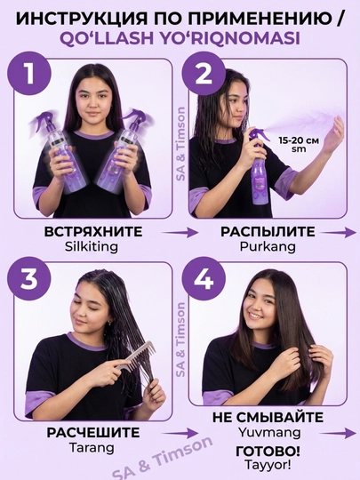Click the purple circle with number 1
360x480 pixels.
coord(29,74)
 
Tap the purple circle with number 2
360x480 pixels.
coord(204,74)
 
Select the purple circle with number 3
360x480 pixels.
coord(29,279)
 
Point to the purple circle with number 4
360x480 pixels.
coord(204,279)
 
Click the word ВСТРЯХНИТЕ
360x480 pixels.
coord(93,232)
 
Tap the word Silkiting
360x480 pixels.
coord(92,246)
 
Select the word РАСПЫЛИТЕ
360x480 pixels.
coord(268,232)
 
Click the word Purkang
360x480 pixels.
coord(268,246)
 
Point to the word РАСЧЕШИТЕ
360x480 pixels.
coord(93,433)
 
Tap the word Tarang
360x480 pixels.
coord(92,448)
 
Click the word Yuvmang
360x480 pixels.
coord(269,433)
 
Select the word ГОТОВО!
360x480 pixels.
coord(268,451)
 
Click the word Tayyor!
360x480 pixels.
coord(268,465)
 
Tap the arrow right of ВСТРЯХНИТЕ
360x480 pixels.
coord(180,233)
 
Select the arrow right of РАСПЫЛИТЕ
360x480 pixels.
coord(339,233)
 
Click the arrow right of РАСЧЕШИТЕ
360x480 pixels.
coord(180,433)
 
